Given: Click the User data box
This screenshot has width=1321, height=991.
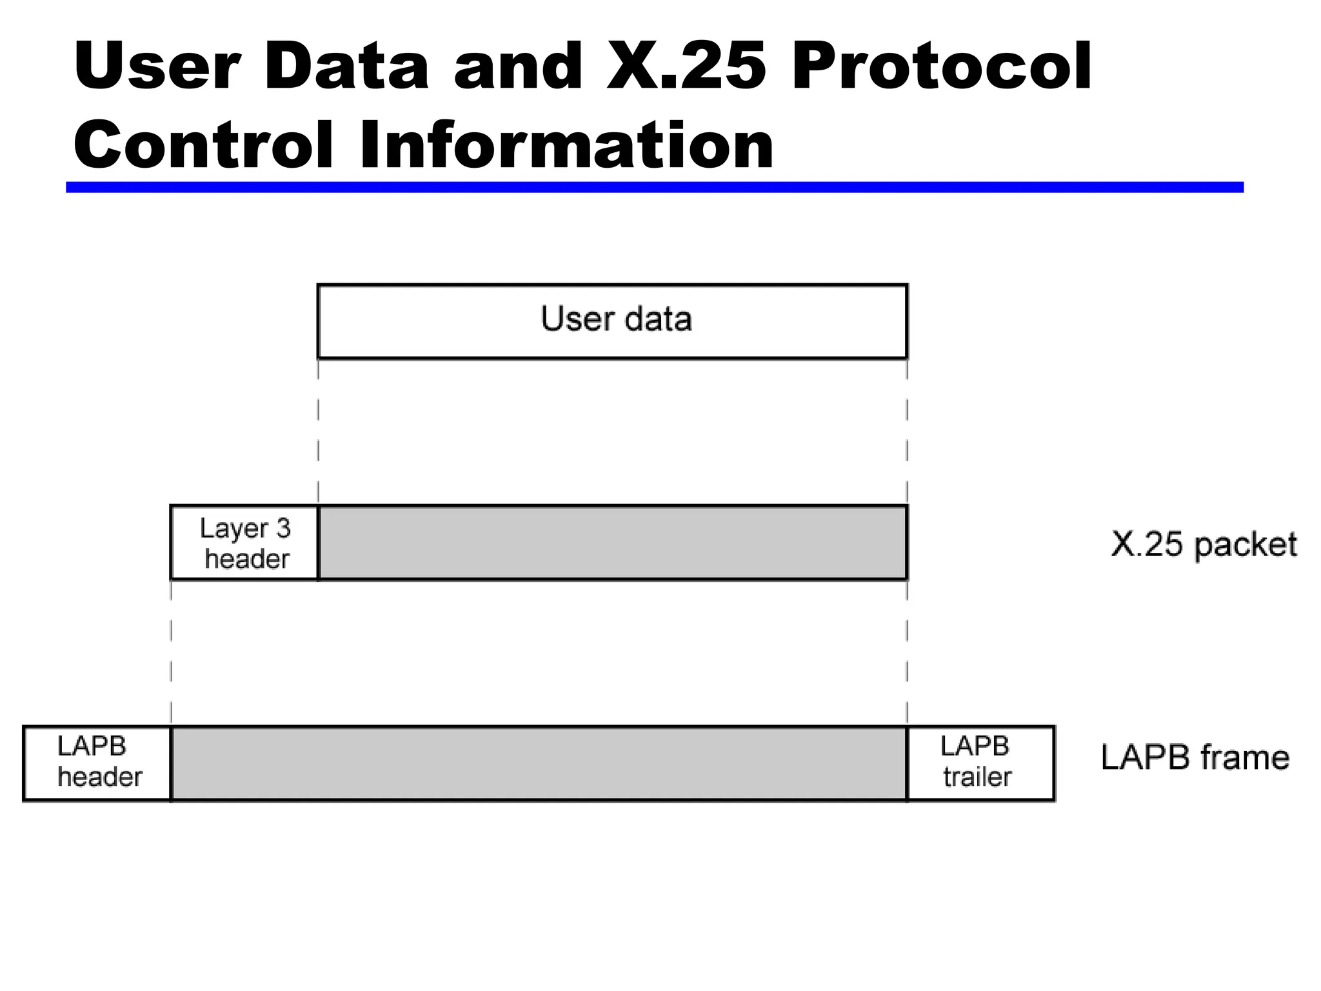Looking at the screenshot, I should pyautogui.click(x=612, y=321).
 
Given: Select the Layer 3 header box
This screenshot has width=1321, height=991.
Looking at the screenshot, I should pyautogui.click(x=244, y=543).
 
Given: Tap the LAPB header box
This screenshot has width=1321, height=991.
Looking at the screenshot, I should pyautogui.click(x=97, y=763).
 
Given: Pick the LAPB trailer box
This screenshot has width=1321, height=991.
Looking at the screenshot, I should pyautogui.click(x=980, y=763).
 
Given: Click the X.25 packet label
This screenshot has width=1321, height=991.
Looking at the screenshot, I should pyautogui.click(x=1203, y=545).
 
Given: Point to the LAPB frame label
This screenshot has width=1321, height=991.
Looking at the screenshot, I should pyautogui.click(x=1195, y=757).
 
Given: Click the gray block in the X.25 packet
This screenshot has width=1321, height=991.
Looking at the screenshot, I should pyautogui.click(x=612, y=543).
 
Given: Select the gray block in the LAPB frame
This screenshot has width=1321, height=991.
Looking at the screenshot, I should pyautogui.click(x=539, y=763).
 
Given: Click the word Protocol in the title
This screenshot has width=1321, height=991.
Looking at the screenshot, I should pyautogui.click(x=942, y=67).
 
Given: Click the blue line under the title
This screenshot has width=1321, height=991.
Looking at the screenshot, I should pyautogui.click(x=654, y=187).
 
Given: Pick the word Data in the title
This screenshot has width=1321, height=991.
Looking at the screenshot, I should pyautogui.click(x=346, y=66).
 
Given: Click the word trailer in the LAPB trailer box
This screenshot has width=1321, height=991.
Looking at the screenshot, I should pyautogui.click(x=977, y=777).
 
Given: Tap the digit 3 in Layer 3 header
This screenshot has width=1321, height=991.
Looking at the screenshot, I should pyautogui.click(x=283, y=529).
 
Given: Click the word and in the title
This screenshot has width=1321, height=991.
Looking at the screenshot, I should pyautogui.click(x=519, y=66).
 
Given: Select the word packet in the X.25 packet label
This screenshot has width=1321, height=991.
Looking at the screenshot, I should pyautogui.click(x=1245, y=546).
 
